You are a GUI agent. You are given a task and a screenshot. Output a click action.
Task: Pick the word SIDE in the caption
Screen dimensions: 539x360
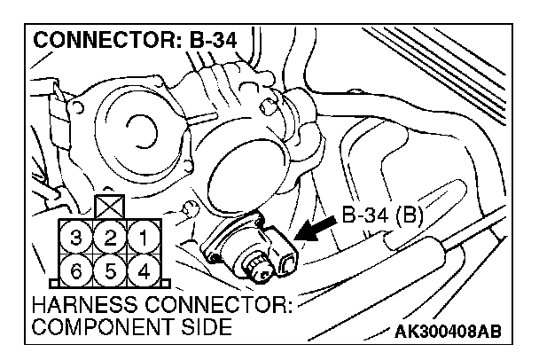(210, 328)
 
